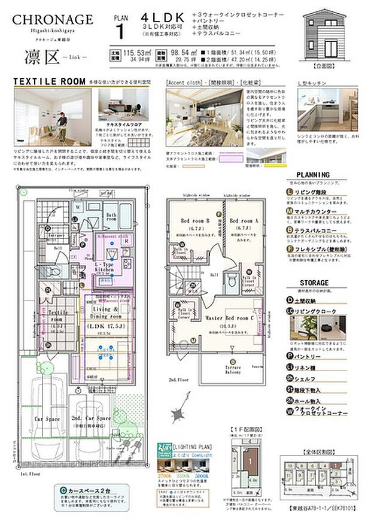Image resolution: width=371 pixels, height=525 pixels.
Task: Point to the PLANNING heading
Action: tap(313, 175)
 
